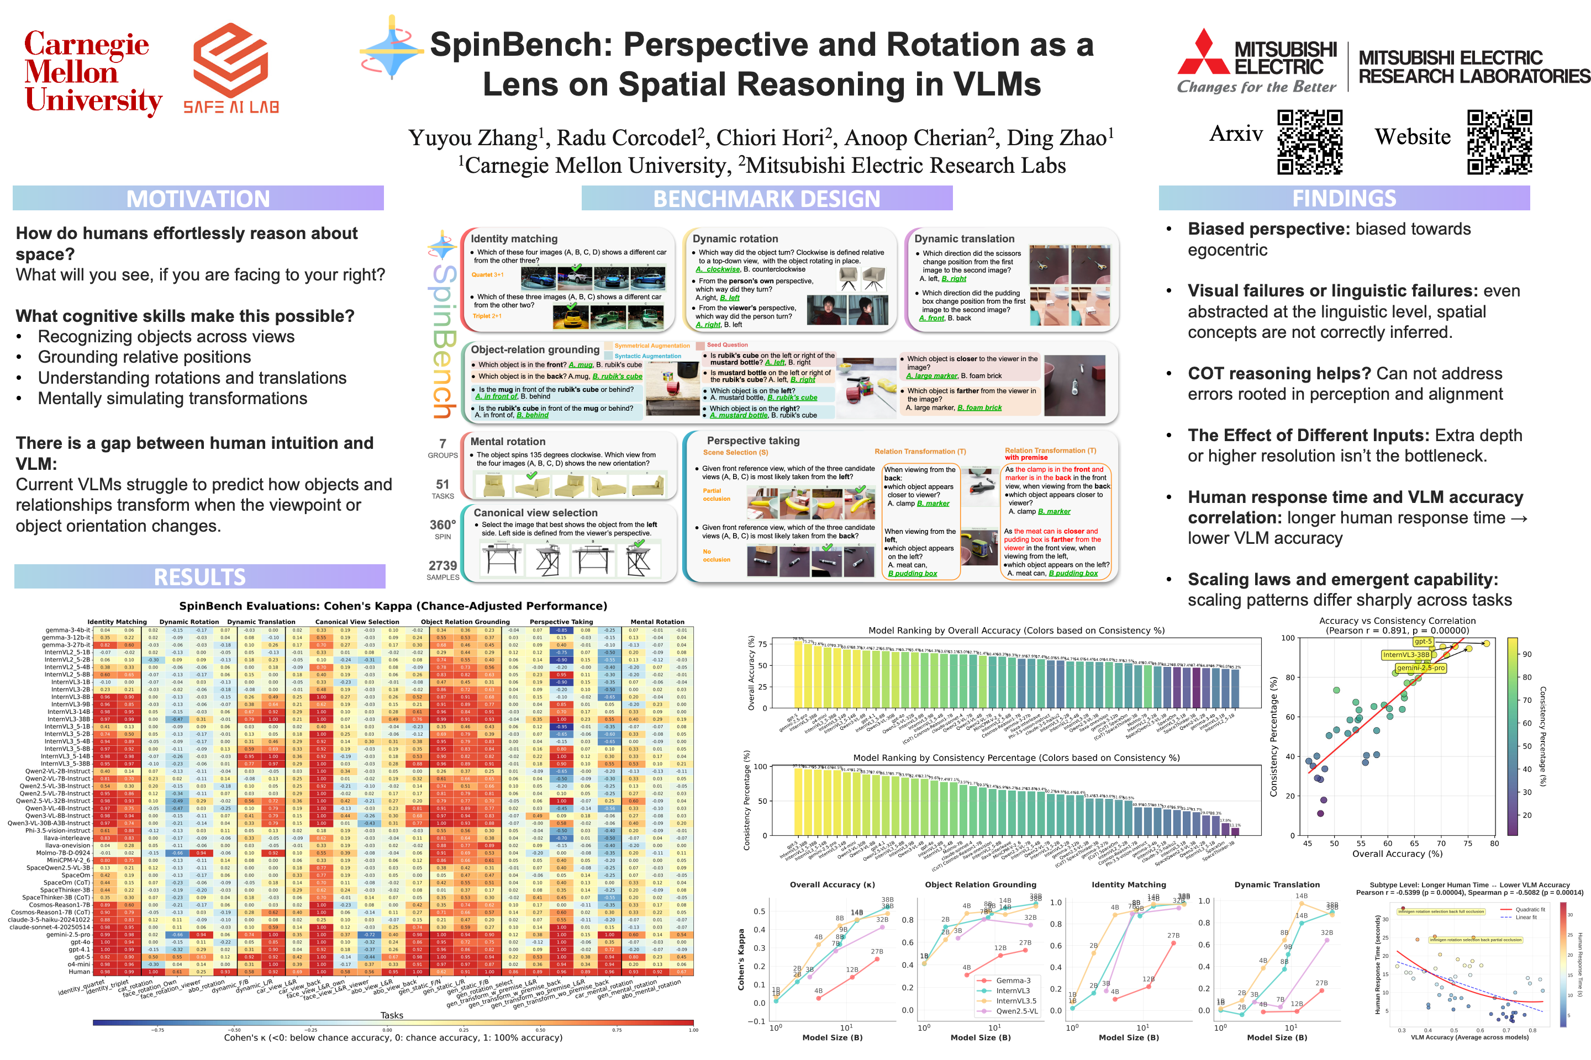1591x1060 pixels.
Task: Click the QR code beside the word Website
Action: coord(1499,142)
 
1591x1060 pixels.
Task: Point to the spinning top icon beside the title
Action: coord(391,49)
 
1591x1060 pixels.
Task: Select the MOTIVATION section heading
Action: coord(198,199)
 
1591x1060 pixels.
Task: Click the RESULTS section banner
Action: coord(199,576)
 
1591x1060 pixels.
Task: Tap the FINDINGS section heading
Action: coord(1344,198)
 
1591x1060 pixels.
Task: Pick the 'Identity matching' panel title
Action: coord(514,239)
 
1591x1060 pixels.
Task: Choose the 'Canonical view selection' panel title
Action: coord(535,512)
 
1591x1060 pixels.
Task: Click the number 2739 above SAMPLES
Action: coord(442,565)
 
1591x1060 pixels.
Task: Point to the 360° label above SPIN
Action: coord(442,524)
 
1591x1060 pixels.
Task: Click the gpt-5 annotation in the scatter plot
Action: coord(1423,642)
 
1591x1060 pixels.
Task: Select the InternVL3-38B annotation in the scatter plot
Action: coord(1405,654)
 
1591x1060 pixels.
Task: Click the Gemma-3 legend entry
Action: coord(1013,981)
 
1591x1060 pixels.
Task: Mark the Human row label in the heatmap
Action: coord(79,972)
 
